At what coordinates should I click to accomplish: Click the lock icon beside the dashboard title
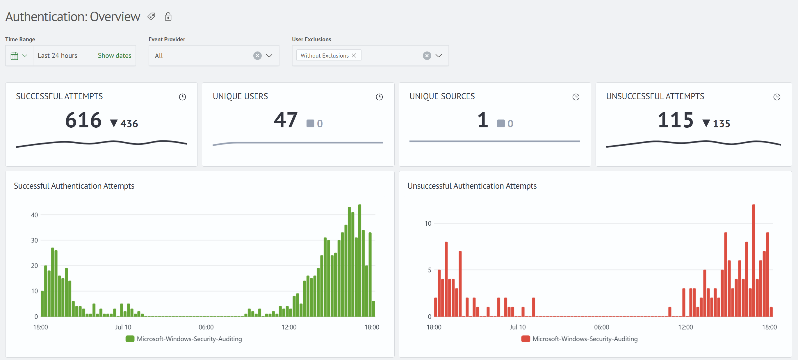pyautogui.click(x=168, y=16)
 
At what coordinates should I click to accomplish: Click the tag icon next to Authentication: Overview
pyautogui.click(x=151, y=16)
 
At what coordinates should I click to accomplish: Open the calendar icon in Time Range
pyautogui.click(x=14, y=56)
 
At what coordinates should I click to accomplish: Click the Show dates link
pyautogui.click(x=115, y=56)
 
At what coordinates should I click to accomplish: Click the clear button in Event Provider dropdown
pyautogui.click(x=257, y=56)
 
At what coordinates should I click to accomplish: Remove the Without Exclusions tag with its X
pyautogui.click(x=354, y=56)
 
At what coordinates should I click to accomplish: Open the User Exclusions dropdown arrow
pyautogui.click(x=438, y=56)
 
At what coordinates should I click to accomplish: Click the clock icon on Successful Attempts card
pyautogui.click(x=182, y=97)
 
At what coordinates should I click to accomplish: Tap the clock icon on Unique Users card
pyautogui.click(x=379, y=97)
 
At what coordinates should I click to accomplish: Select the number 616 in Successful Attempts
pyautogui.click(x=83, y=120)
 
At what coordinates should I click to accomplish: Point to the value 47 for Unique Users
pyautogui.click(x=286, y=120)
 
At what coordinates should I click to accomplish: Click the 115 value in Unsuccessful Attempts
pyautogui.click(x=676, y=120)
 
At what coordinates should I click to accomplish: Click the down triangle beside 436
pyautogui.click(x=114, y=124)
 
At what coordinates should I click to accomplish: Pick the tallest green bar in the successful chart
pyautogui.click(x=360, y=260)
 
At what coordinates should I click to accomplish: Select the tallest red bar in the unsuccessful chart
pyautogui.click(x=754, y=260)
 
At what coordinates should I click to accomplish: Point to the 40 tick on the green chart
pyautogui.click(x=34, y=215)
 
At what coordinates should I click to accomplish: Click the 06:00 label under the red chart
pyautogui.click(x=602, y=327)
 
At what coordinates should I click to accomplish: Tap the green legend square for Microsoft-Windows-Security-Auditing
pyautogui.click(x=130, y=339)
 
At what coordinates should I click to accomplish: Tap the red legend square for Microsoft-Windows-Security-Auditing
pyautogui.click(x=526, y=339)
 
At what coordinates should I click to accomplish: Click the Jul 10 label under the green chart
pyautogui.click(x=123, y=327)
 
